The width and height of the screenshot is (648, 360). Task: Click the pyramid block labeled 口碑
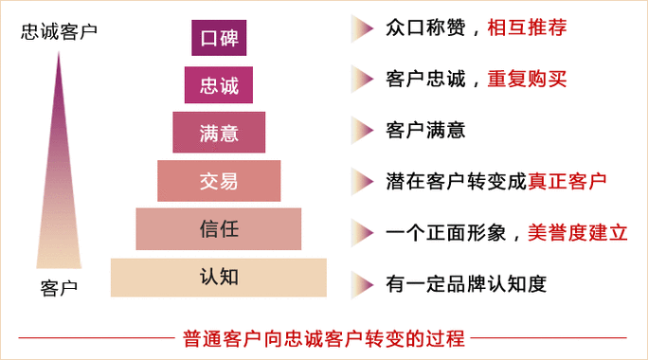tap(219, 38)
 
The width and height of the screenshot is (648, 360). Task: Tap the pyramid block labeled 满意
tap(219, 132)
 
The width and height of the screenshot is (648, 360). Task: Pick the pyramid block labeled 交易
tap(219, 180)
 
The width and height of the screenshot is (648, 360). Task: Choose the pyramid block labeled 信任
tap(219, 229)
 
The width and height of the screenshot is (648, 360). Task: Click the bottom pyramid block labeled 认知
tap(219, 278)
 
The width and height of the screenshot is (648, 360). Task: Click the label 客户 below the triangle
tap(59, 286)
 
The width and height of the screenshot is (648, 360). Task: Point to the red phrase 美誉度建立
tap(578, 230)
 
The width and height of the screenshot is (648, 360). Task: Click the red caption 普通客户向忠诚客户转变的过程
tap(323, 337)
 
